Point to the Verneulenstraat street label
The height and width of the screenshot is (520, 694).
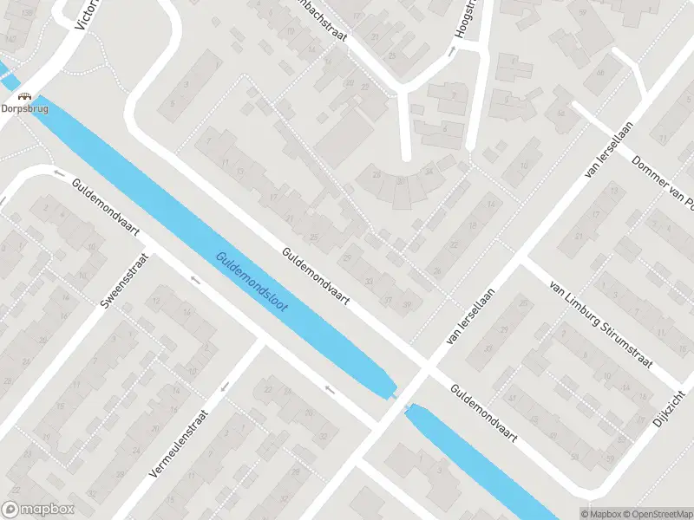point(180,445)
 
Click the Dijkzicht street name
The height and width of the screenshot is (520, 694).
point(667,413)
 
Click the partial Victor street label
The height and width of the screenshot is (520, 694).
point(87,12)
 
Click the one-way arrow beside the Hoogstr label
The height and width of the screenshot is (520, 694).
point(450,52)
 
